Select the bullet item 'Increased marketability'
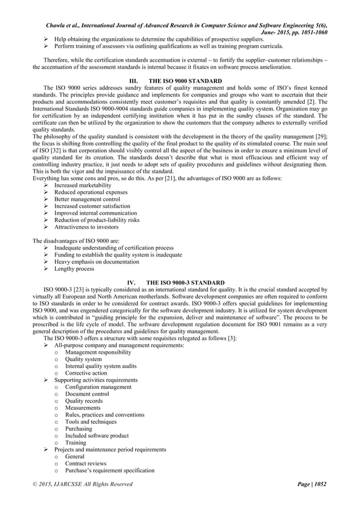tap(82, 185)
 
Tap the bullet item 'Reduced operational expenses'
tap(90, 192)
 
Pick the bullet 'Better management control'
tap(87, 199)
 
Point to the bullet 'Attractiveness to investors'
tap(86, 227)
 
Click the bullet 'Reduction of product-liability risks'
tap(96, 220)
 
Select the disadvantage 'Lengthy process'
tap(74, 269)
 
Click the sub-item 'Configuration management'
tap(98, 387)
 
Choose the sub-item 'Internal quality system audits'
tap(100, 366)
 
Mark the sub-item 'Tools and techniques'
tap(91, 422)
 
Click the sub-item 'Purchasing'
tap(79, 429)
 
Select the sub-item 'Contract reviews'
tap(85, 463)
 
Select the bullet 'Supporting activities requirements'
tap(95, 380)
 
